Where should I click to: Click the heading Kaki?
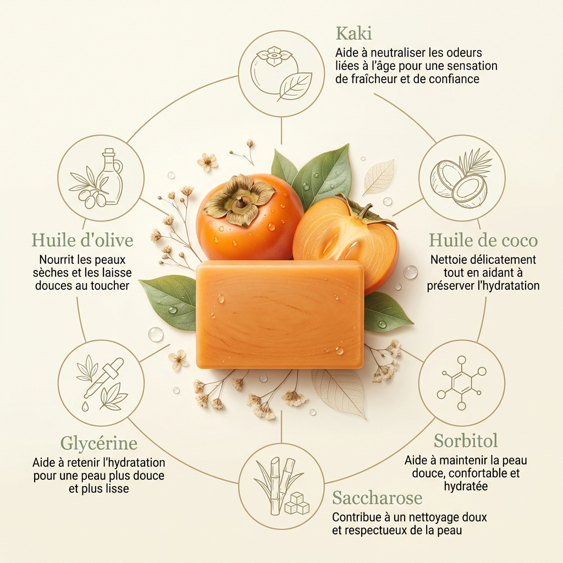[354, 34]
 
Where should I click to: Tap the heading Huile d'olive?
[82, 240]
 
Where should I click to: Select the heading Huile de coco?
[483, 240]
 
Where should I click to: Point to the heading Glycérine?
[99, 443]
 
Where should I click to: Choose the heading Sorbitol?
[466, 440]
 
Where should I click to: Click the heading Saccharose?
[377, 498]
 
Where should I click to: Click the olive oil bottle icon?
[109, 176]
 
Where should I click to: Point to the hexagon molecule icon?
[462, 383]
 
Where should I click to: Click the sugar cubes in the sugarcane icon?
[297, 503]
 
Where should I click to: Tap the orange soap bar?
[280, 314]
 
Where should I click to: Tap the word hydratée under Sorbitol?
[466, 486]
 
